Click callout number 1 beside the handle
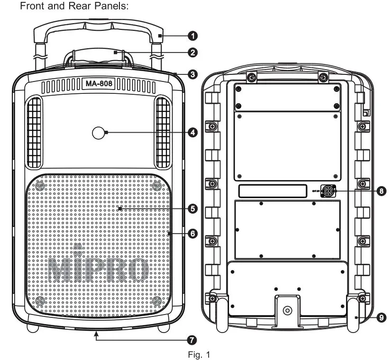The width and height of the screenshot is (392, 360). (x=193, y=36)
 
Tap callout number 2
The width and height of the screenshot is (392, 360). (x=193, y=53)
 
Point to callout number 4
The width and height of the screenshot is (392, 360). (x=193, y=133)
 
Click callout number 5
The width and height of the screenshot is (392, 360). (x=193, y=208)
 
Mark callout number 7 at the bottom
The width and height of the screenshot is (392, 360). (x=193, y=339)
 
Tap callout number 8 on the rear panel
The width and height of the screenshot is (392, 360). (x=379, y=191)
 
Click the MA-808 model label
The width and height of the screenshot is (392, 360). (x=99, y=84)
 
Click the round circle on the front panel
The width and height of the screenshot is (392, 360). (x=99, y=134)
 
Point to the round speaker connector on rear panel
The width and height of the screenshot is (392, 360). (x=328, y=191)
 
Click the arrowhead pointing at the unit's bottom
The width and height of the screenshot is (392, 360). (x=96, y=333)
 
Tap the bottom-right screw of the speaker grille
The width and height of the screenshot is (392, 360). (x=157, y=301)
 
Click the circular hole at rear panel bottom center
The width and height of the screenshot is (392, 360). (x=287, y=311)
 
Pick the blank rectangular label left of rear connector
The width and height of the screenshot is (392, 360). (x=272, y=191)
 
